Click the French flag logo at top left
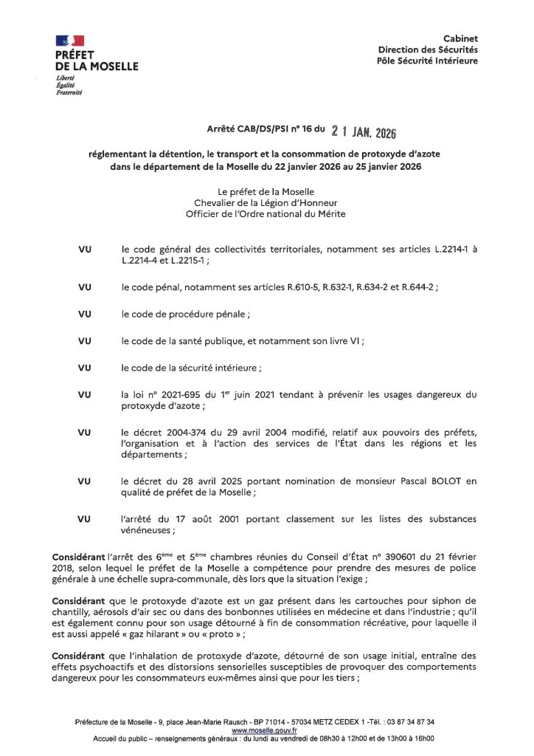[69, 41]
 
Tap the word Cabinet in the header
[460, 38]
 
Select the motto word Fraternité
[69, 93]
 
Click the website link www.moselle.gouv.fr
[254, 729]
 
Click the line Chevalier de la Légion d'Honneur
[266, 203]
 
